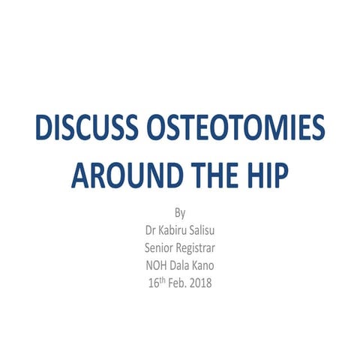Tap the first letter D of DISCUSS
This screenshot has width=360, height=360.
pyautogui.click(x=44, y=133)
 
